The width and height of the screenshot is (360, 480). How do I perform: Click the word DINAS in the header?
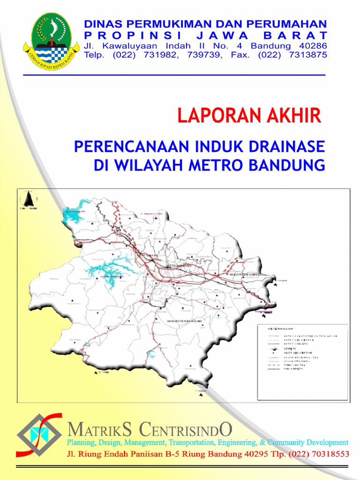tap(101, 23)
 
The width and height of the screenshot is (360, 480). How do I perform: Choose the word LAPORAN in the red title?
tap(216, 115)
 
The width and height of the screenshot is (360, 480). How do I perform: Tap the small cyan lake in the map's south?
tap(151, 353)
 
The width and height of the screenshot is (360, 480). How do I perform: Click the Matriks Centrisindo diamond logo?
tap(39, 435)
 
